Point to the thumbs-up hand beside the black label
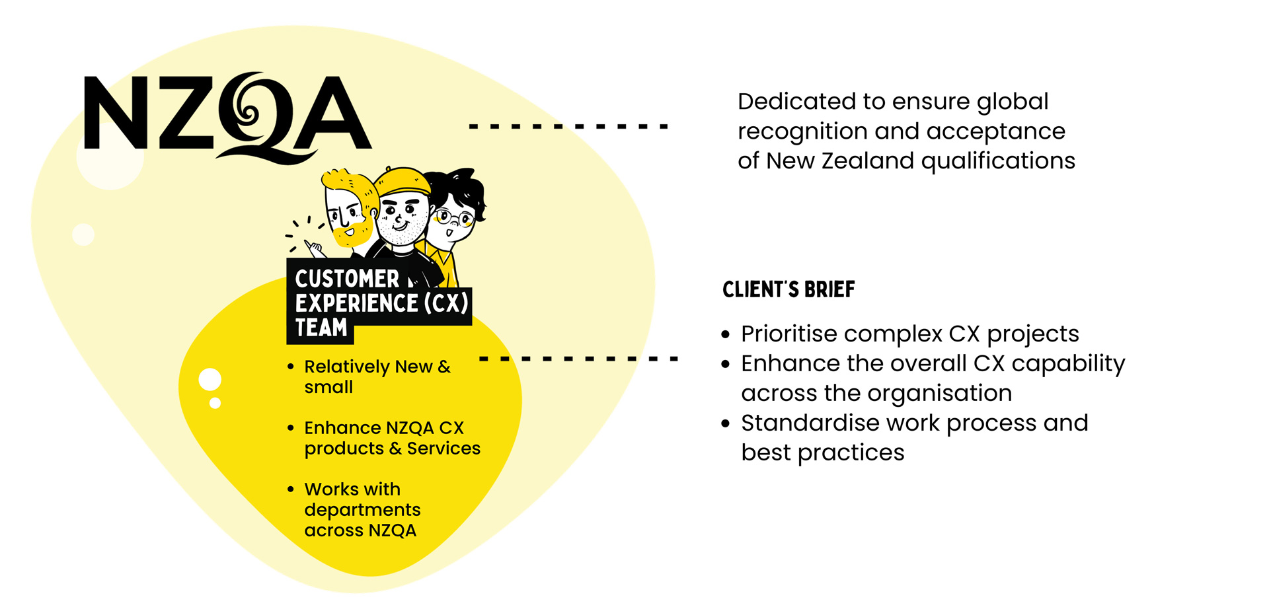tap(315, 249)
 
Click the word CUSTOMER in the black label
tap(347, 279)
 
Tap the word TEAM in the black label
tap(321, 328)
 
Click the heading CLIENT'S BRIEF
tap(788, 289)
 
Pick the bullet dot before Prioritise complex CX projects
tap(726, 335)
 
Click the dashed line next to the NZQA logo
tap(568, 126)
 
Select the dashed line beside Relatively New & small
tap(578, 359)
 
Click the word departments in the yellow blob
tap(362, 511)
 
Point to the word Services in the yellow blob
tap(443, 449)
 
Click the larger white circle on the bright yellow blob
tap(210, 380)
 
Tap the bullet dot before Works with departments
tap(291, 489)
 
